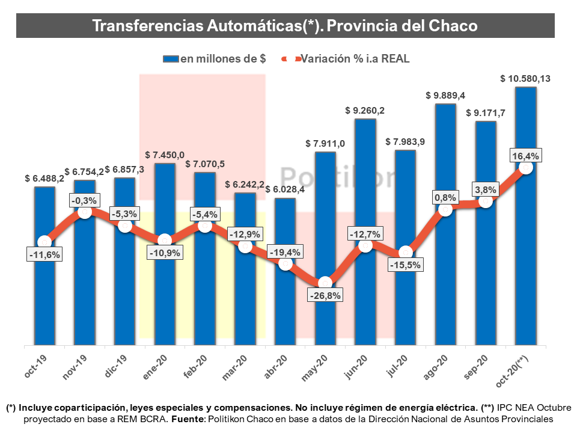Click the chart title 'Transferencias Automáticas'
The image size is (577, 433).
click(285, 26)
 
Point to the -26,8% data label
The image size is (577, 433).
click(325, 296)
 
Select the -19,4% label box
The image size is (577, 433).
click(285, 251)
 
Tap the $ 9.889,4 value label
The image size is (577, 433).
click(445, 95)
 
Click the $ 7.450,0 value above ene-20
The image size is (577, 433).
click(165, 155)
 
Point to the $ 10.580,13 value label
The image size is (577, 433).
click(526, 79)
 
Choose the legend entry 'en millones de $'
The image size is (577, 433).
click(215, 59)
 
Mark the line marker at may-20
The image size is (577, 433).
click(325, 282)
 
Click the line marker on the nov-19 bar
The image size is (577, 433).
click(85, 212)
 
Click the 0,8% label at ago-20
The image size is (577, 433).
click(445, 197)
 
